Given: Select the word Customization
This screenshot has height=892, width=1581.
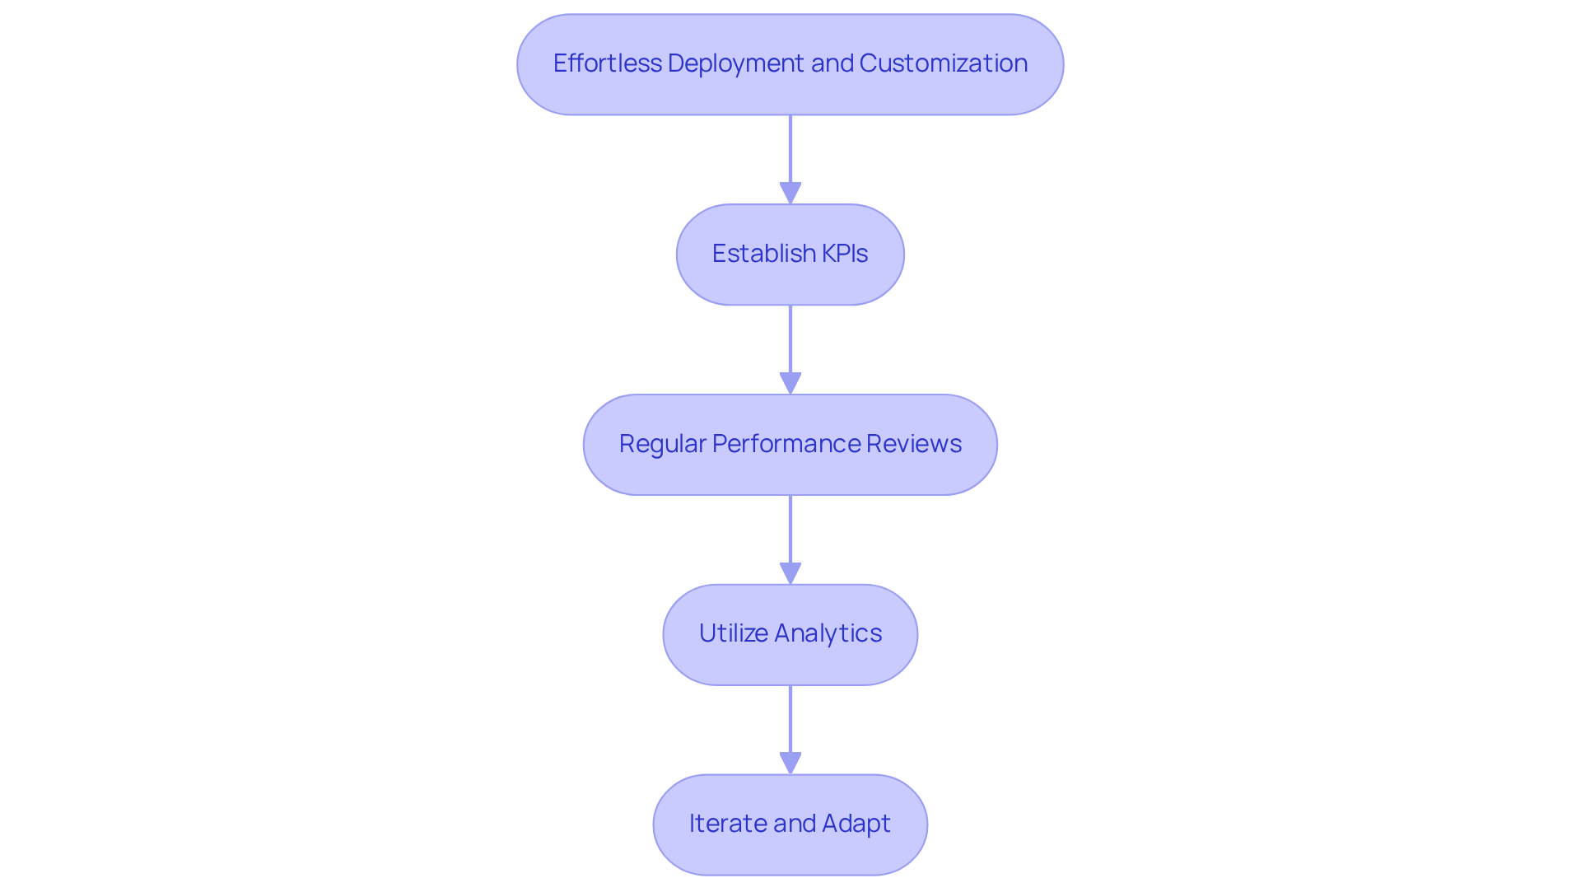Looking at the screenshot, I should tap(943, 63).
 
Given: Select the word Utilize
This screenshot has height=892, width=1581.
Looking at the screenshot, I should tap(733, 633).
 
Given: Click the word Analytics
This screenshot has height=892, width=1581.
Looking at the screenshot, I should tap(828, 633).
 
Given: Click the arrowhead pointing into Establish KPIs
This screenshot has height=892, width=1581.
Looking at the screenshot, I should tap(790, 194).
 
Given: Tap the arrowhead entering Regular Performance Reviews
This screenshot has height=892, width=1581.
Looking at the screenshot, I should tap(790, 384).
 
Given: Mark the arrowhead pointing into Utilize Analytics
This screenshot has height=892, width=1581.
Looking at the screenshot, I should tap(790, 574).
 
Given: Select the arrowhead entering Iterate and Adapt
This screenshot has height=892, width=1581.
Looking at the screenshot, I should tap(790, 764).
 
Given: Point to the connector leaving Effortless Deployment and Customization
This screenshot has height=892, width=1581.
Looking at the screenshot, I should tap(790, 148).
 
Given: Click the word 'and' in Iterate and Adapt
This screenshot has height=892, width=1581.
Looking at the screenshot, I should tap(795, 824).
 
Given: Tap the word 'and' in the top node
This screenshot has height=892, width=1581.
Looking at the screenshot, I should tap(832, 63).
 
